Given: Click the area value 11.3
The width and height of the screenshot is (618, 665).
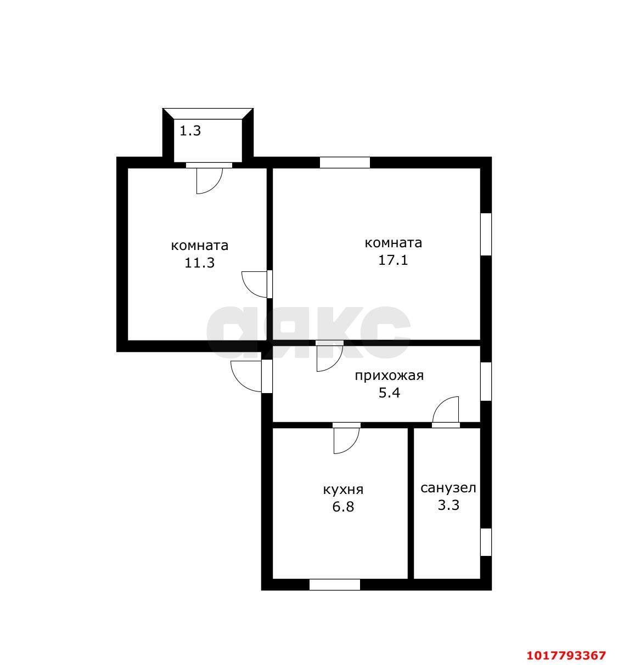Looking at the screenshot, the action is point(200,263).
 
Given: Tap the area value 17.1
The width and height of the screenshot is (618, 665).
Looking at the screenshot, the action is point(393,260).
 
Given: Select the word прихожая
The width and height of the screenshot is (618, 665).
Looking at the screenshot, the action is point(389,376).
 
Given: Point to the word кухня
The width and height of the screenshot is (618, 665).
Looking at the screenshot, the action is point(344,490).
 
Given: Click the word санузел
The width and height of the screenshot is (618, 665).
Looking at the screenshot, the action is point(448,488).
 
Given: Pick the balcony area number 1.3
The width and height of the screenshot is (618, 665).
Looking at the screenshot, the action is point(190,130).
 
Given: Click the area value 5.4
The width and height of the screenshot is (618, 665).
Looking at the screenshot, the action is point(389,393).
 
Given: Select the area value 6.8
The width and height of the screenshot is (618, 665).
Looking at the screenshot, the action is point(344,507).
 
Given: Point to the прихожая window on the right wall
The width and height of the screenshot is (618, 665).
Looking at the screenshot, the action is point(486,381).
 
